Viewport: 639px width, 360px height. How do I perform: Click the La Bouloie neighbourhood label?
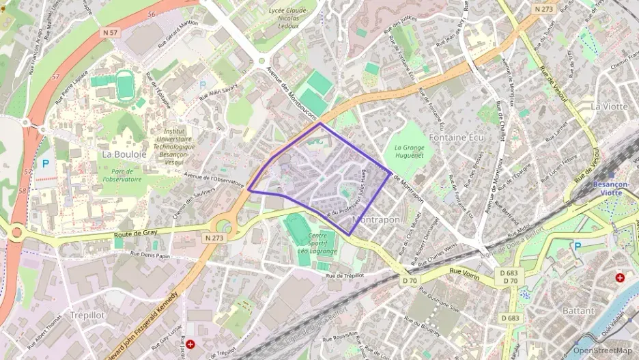(124, 154)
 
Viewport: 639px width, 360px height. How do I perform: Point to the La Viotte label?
(609, 106)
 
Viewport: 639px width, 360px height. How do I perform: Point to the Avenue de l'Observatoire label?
(214, 179)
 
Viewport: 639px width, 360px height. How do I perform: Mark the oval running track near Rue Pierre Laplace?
(125, 87)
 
